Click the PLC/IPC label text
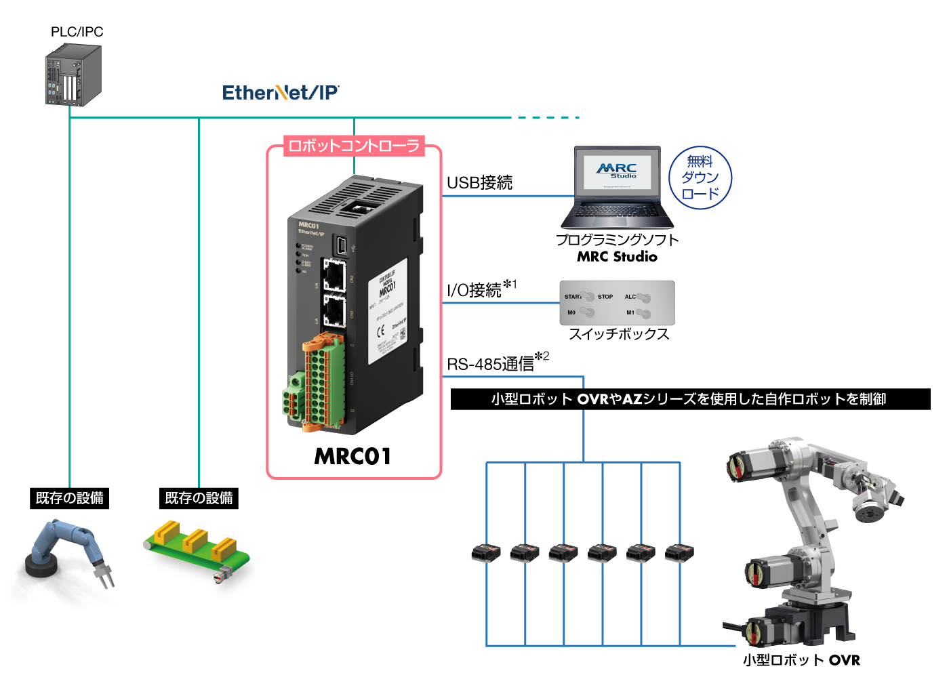(x=77, y=32)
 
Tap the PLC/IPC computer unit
(x=73, y=75)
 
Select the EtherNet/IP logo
(x=281, y=92)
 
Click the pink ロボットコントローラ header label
(x=354, y=146)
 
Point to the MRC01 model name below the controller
(x=352, y=456)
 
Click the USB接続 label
(x=479, y=182)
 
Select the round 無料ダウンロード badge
(x=700, y=178)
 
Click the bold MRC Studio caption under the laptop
(x=617, y=257)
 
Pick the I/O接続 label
(x=474, y=290)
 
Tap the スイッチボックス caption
(x=618, y=334)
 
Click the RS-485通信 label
(x=491, y=364)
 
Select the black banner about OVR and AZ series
(x=689, y=399)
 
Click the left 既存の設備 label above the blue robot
(x=69, y=498)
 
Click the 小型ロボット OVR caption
(x=801, y=660)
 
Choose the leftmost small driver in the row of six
(x=486, y=552)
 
